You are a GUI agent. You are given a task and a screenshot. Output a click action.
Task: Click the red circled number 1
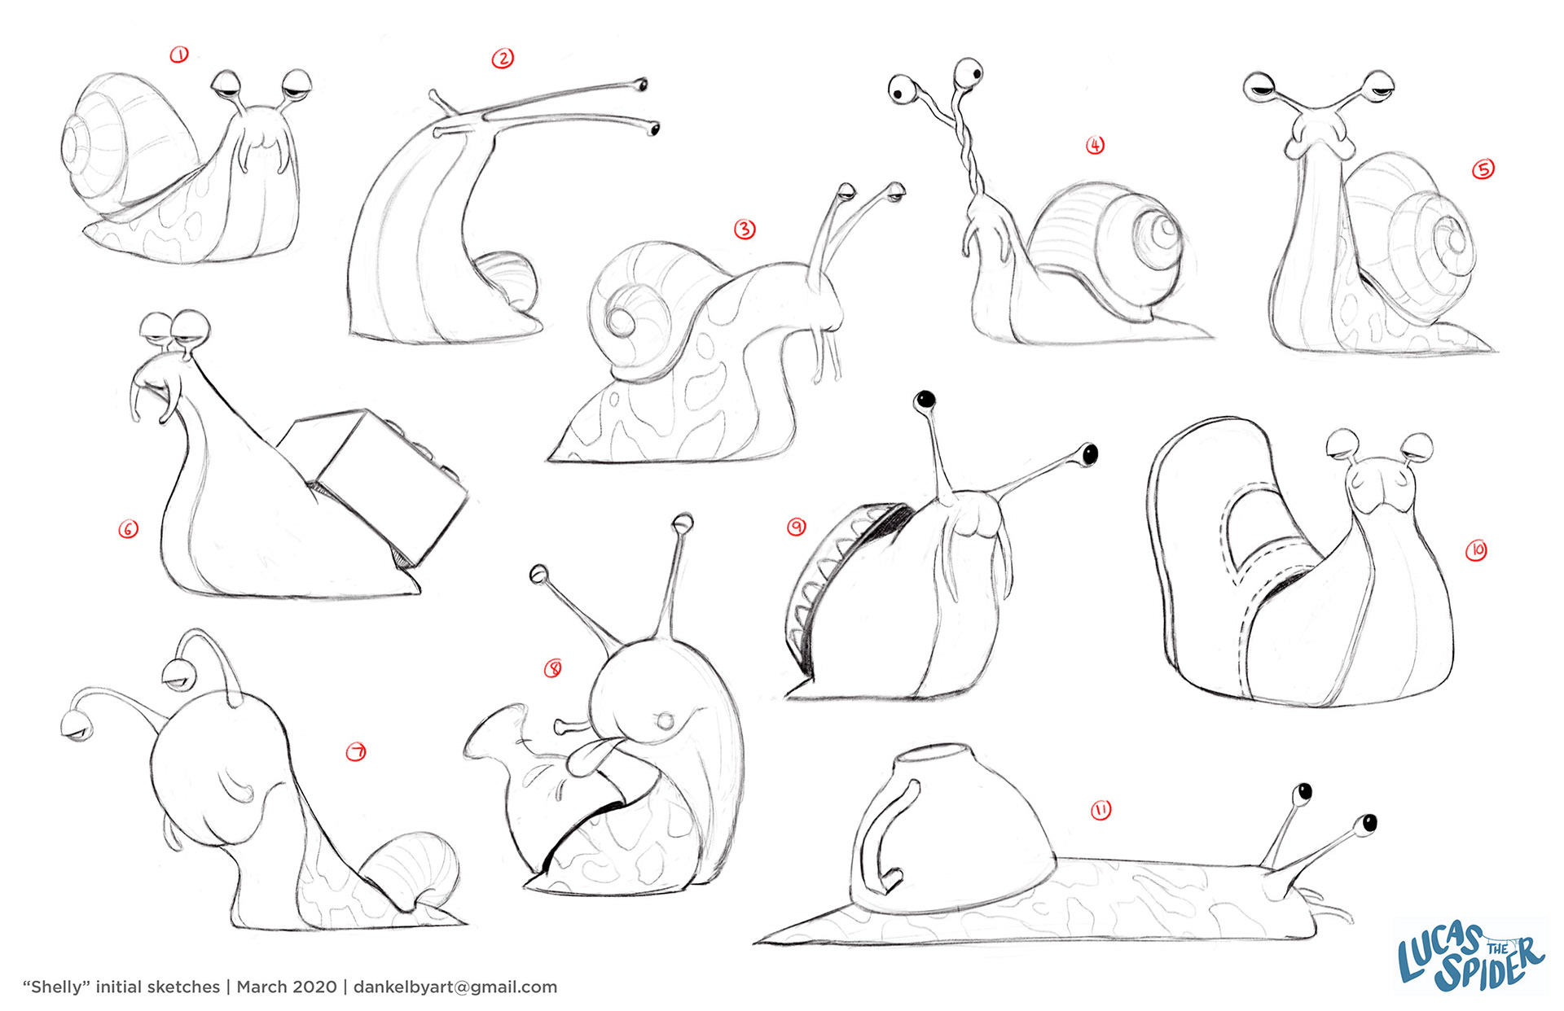coord(179,55)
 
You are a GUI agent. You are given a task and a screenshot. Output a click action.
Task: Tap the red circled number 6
coord(129,529)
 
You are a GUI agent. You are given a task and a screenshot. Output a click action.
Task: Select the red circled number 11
coord(1101,810)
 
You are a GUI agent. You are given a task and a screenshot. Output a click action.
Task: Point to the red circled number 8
coord(553,669)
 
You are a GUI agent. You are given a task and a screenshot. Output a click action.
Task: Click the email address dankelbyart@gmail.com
coord(455,987)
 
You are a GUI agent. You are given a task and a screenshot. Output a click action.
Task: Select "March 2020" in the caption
coord(286,987)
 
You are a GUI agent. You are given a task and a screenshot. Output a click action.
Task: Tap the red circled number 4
coord(1095,145)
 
